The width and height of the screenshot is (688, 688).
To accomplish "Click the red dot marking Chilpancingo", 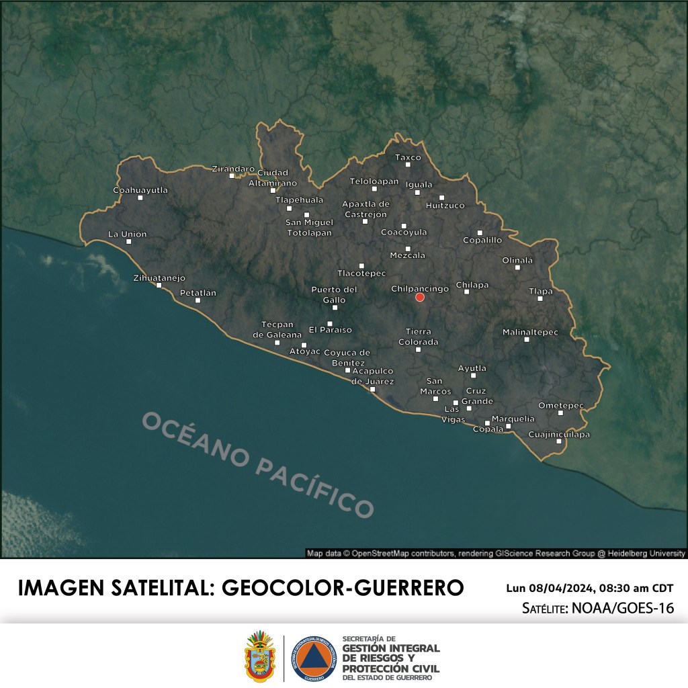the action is pyautogui.click(x=420, y=297).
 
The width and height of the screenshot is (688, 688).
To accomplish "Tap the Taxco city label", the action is pyautogui.click(x=407, y=157).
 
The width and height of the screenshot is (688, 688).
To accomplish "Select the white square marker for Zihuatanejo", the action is pyautogui.click(x=159, y=286).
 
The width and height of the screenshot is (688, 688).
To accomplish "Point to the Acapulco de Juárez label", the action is pyautogui.click(x=372, y=376).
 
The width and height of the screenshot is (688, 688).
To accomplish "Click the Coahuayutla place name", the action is pyautogui.click(x=140, y=190).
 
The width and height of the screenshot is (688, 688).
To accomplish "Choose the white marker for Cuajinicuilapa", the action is pyautogui.click(x=558, y=441).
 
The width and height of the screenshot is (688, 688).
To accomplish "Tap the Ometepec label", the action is pyautogui.click(x=561, y=405).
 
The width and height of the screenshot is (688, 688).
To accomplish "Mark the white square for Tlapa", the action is pyautogui.click(x=540, y=298).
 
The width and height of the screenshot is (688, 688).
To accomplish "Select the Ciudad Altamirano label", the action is pyautogui.click(x=273, y=177).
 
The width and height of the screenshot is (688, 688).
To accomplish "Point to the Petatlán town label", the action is pyautogui.click(x=198, y=293).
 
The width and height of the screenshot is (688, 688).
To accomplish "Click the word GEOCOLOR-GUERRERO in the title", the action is pyautogui.click(x=343, y=587).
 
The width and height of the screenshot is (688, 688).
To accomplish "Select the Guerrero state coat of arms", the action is pyautogui.click(x=260, y=656).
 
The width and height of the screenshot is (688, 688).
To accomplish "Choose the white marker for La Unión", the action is pyautogui.click(x=128, y=241).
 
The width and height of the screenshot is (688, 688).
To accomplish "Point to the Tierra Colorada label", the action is pyautogui.click(x=418, y=337).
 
